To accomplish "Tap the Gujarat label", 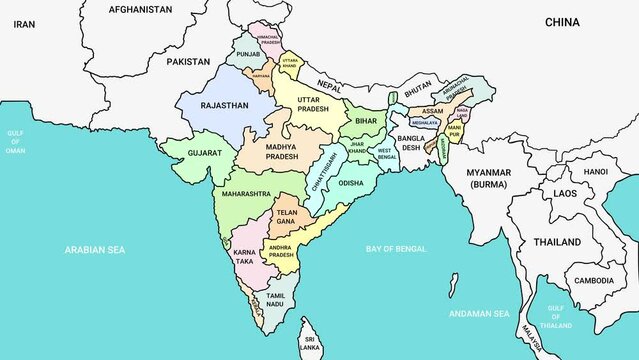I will point(204,155).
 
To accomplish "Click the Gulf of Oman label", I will point(15,141).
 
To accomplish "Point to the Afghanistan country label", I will point(140,9).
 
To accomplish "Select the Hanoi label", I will point(595,171).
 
